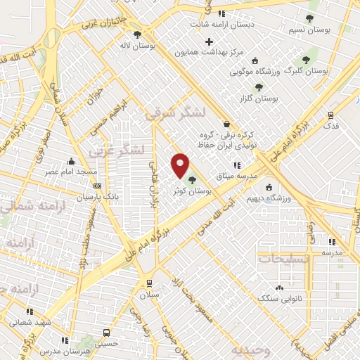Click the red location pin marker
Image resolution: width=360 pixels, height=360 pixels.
click(x=180, y=166)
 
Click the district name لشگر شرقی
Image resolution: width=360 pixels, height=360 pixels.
click(x=174, y=113)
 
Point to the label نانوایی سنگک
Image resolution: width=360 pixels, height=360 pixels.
click(x=280, y=300)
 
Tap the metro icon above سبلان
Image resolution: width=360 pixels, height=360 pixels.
click(x=148, y=283)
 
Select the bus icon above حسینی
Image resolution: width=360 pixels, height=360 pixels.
click(x=105, y=333)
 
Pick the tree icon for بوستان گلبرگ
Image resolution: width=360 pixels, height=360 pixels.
click(x=305, y=60)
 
